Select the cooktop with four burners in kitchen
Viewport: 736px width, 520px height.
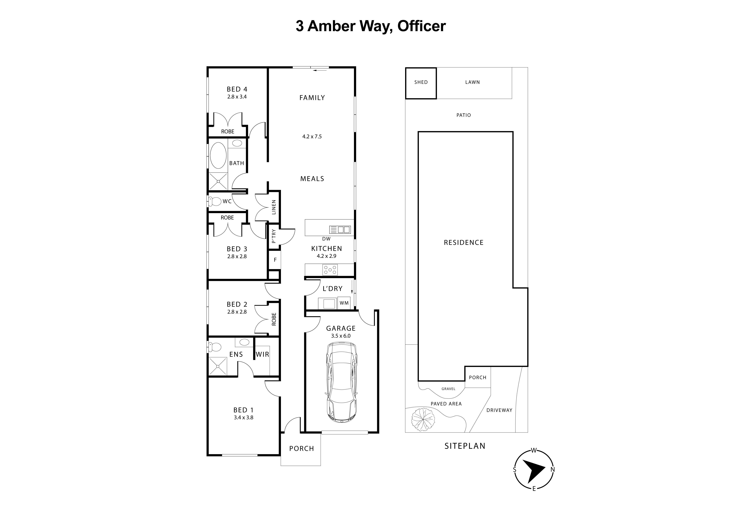[330, 270]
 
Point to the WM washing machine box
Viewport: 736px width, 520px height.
[344, 303]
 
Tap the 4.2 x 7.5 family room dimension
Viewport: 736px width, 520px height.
[312, 136]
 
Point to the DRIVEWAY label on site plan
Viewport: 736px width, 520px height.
[499, 410]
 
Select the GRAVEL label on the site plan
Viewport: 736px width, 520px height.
[448, 389]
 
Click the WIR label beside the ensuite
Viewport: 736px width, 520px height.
[262, 355]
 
